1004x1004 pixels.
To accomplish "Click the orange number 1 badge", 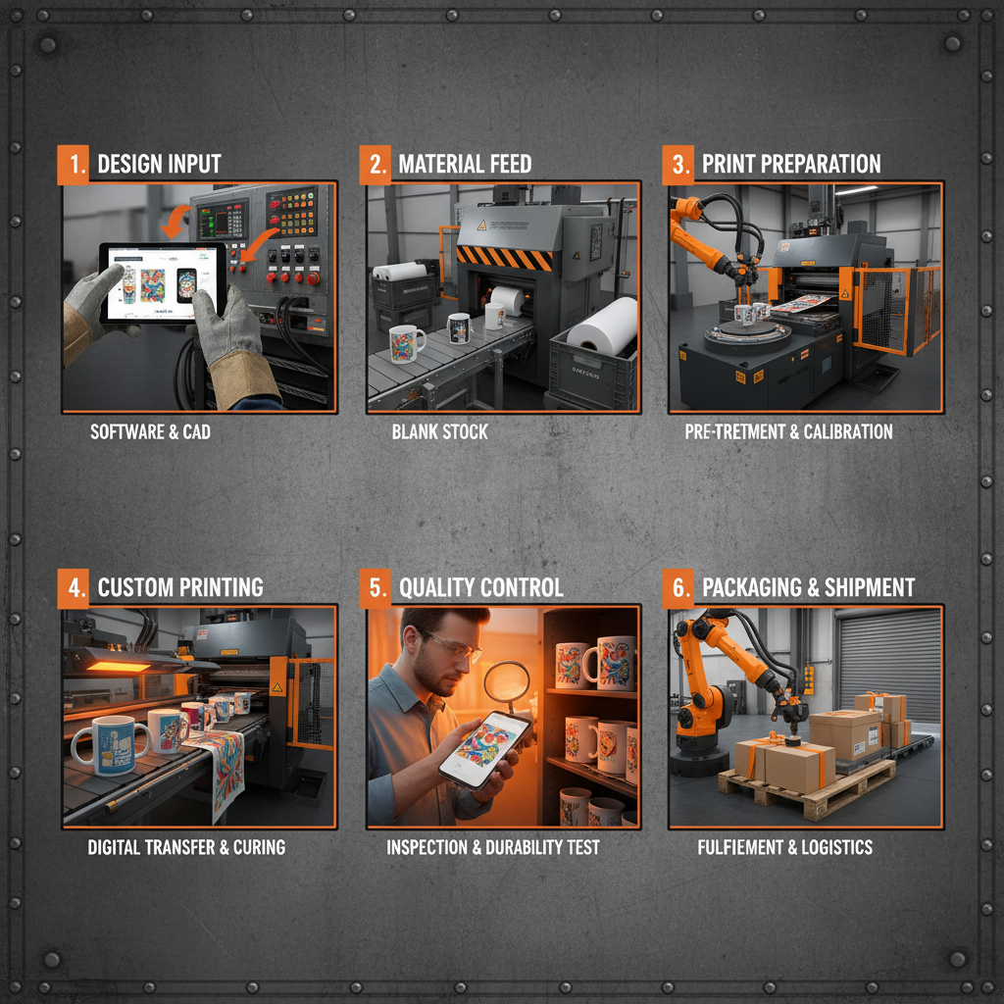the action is tap(73, 165).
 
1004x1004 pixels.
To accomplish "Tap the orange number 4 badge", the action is tap(73, 588).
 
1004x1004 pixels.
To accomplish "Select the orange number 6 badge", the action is tap(678, 588).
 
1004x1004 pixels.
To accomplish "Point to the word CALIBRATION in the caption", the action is tap(848, 431).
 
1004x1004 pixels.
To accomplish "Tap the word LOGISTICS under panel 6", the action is tap(837, 847).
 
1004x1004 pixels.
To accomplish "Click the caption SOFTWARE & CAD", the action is tap(150, 431).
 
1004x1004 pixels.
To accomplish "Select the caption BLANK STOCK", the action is tap(440, 431).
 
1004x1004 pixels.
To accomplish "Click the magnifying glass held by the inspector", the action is tap(507, 683).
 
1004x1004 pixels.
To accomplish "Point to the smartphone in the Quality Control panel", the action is tap(485, 750).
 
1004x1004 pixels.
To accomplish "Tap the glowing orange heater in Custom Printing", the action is tap(119, 667).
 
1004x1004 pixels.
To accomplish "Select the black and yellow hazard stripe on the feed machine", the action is tap(505, 258).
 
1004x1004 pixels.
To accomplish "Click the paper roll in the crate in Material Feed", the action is tap(602, 326).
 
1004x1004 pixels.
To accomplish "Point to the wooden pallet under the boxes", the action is tap(808, 790).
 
